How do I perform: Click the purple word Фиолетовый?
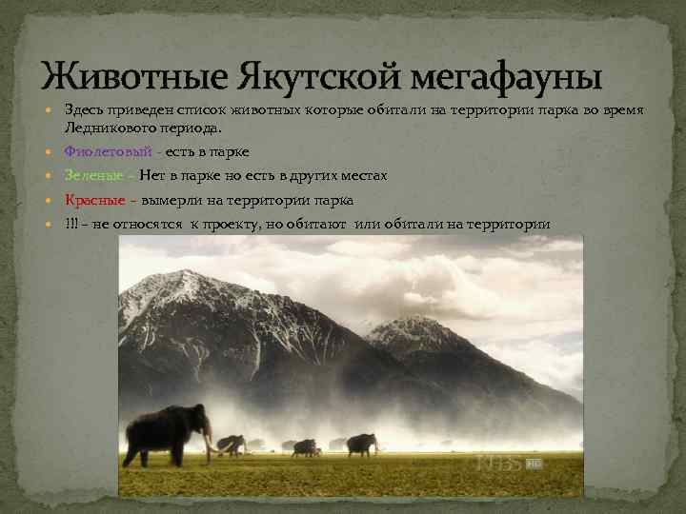[x=108, y=152]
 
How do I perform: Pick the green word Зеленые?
[x=92, y=176]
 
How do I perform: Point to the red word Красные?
[x=94, y=200]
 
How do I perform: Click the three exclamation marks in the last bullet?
[x=71, y=224]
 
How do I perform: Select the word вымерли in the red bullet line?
[x=172, y=200]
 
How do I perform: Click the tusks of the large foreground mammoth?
[x=207, y=444]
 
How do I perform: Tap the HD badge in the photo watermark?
[x=533, y=464]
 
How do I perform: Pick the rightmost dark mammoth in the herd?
[x=361, y=444]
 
